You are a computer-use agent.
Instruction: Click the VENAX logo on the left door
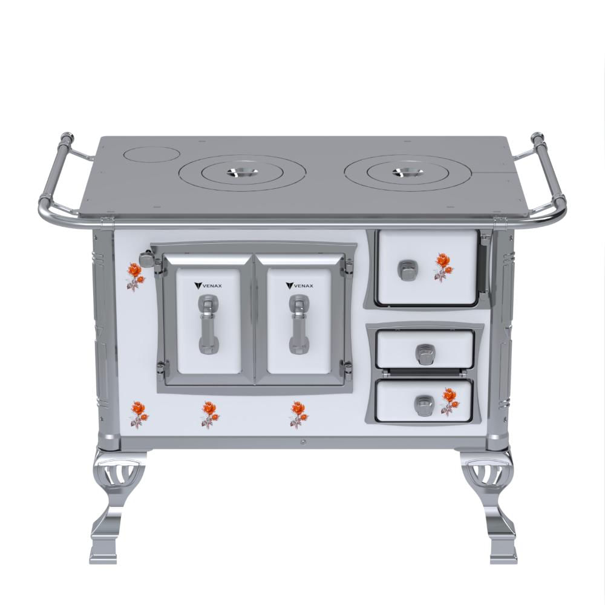208,286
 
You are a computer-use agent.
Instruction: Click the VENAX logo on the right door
299,286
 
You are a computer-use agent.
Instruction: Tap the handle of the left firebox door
209,324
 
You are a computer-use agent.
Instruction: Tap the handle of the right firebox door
299,324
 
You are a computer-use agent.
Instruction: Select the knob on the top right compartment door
405,270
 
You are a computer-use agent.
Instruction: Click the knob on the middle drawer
425,354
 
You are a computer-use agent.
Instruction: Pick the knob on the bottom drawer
424,406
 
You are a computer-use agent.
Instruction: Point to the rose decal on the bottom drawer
449,402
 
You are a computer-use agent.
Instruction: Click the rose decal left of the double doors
136,276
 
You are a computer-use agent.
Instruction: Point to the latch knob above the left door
146,258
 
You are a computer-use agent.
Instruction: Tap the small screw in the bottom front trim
304,442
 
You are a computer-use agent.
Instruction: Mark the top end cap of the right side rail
537,138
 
